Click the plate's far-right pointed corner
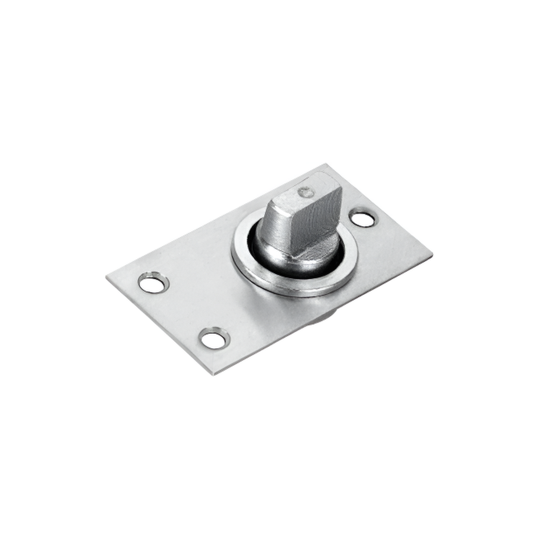coord(432,254)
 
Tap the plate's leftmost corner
coord(106,276)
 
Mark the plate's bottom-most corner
coord(214,374)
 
